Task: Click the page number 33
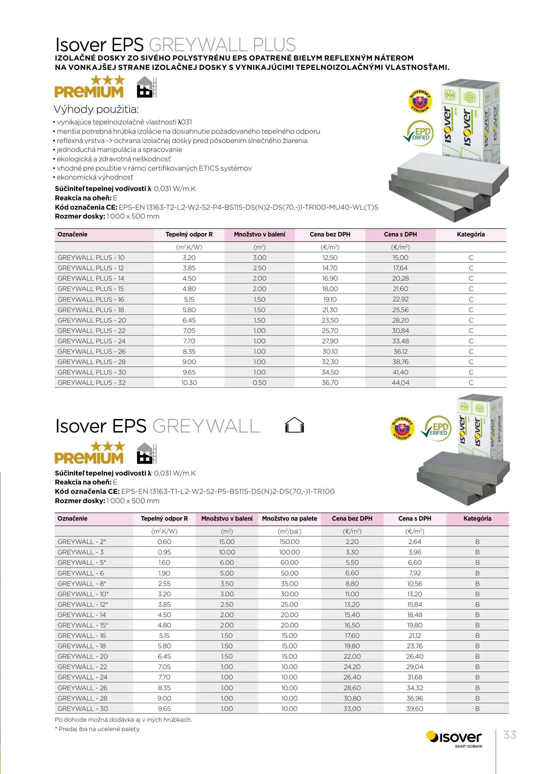tap(510, 735)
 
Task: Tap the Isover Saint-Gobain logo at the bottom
tap(454, 739)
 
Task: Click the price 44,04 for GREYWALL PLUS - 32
tap(401, 383)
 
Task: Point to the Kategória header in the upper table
tap(471, 234)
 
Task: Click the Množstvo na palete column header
tap(289, 519)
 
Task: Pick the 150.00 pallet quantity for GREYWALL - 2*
tap(289, 542)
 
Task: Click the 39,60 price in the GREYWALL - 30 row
tap(415, 709)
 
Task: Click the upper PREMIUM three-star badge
tap(89, 86)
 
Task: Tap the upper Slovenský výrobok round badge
tap(420, 101)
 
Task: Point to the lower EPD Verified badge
tap(437, 428)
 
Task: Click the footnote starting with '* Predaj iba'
tap(98, 729)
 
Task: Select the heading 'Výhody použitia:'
tap(96, 109)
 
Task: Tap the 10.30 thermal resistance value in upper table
tap(189, 383)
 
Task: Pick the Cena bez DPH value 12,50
tap(330, 258)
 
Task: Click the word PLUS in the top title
tap(274, 45)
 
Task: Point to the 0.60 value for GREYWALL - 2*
tap(164, 542)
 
